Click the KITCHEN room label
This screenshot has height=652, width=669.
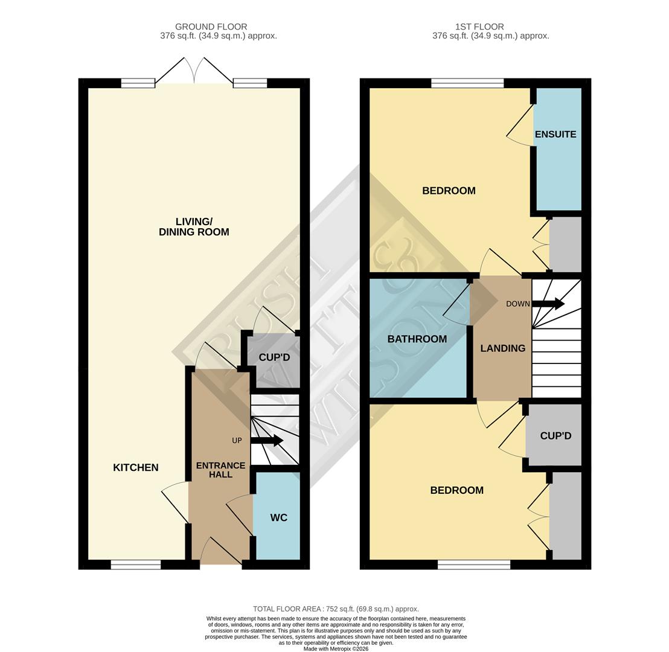point(136,467)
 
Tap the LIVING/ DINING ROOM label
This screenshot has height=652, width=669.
point(194,227)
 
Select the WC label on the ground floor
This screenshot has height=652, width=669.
point(278,517)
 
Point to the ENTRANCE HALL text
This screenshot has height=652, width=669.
point(220,470)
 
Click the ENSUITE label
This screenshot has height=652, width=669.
point(555,134)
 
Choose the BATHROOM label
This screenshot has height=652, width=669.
point(417,339)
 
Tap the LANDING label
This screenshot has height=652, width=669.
point(502,348)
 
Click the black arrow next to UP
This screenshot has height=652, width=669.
point(267,440)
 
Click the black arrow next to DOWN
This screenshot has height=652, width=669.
point(548,304)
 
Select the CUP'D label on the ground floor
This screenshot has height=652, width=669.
point(274,357)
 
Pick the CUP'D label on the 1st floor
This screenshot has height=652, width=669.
point(555,435)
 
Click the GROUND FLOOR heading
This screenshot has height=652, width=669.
point(211,27)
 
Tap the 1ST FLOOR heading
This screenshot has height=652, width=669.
point(479,27)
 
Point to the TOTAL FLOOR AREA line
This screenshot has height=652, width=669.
point(336,609)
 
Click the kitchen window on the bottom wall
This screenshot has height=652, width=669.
point(136,564)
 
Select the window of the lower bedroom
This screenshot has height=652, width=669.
point(474,564)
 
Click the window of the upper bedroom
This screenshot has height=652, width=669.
point(467,83)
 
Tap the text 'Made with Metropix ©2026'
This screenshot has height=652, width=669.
point(336,648)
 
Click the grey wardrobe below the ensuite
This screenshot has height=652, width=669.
point(566,245)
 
